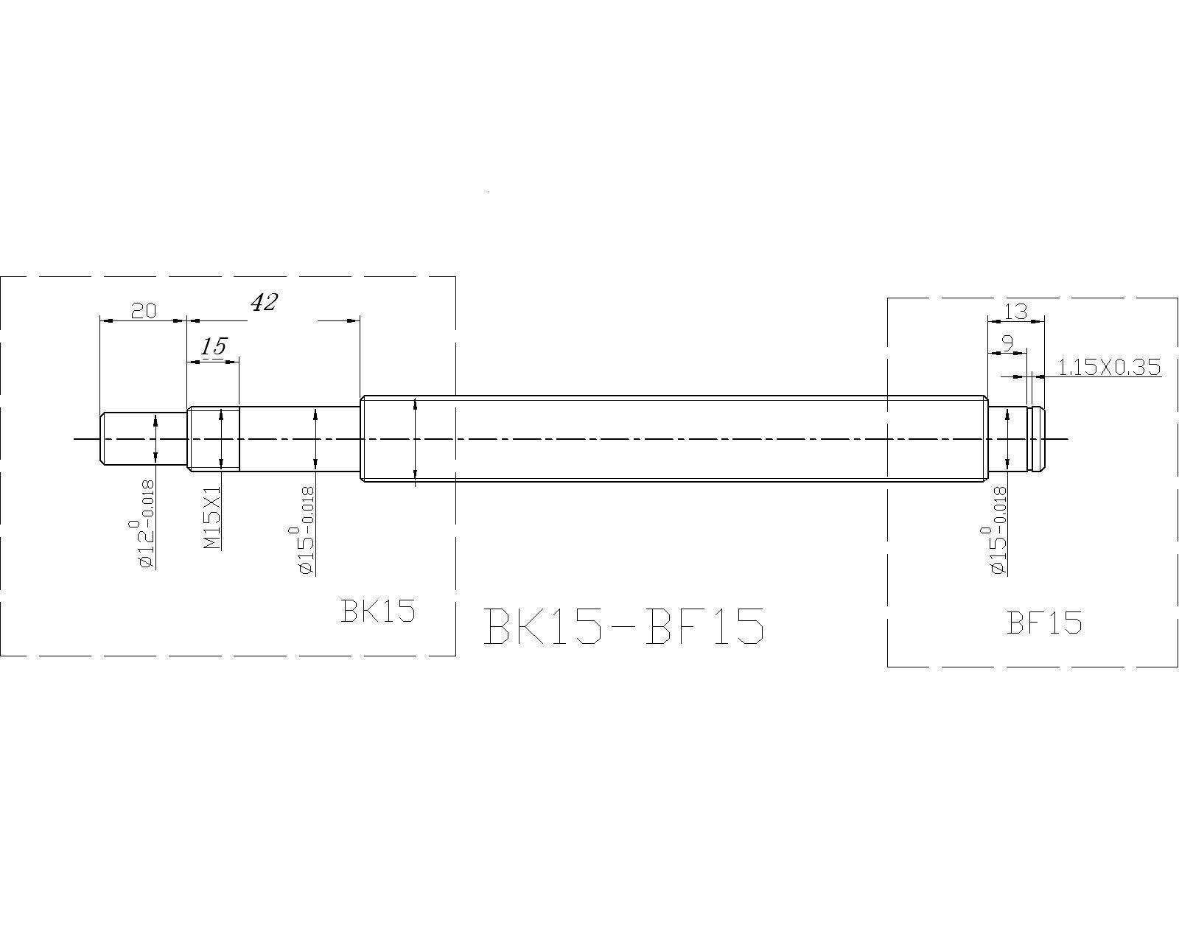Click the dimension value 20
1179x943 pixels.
tap(144, 311)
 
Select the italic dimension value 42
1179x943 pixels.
tap(264, 302)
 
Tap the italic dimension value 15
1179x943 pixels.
tap(213, 346)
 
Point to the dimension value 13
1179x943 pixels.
tap(1015, 311)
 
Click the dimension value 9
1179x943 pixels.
tap(1007, 343)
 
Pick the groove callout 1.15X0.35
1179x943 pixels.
tap(1109, 367)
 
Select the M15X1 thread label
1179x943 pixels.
tap(211, 517)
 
